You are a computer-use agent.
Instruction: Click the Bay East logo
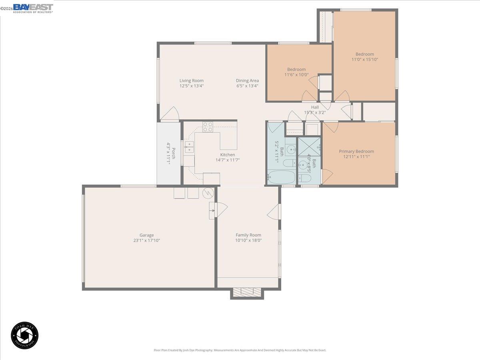click(32, 8)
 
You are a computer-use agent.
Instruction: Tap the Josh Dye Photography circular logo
click(25, 335)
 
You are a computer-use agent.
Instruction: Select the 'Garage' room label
click(146, 235)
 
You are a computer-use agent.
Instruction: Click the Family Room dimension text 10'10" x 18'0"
click(248, 240)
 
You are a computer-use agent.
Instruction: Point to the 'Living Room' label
click(191, 80)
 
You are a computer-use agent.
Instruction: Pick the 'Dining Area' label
click(247, 80)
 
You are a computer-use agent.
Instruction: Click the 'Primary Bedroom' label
click(356, 151)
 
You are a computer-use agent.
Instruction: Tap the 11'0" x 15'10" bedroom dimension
click(364, 60)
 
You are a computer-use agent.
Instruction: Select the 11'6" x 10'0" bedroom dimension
click(296, 74)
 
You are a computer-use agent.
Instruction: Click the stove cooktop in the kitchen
click(208, 127)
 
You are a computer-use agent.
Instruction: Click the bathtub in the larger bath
click(281, 177)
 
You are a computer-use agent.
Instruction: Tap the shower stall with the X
click(309, 146)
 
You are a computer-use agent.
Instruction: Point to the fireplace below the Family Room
click(247, 293)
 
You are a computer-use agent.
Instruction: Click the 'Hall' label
click(315, 107)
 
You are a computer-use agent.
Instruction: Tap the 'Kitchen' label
click(227, 155)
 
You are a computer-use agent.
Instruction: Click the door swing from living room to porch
click(170, 114)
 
